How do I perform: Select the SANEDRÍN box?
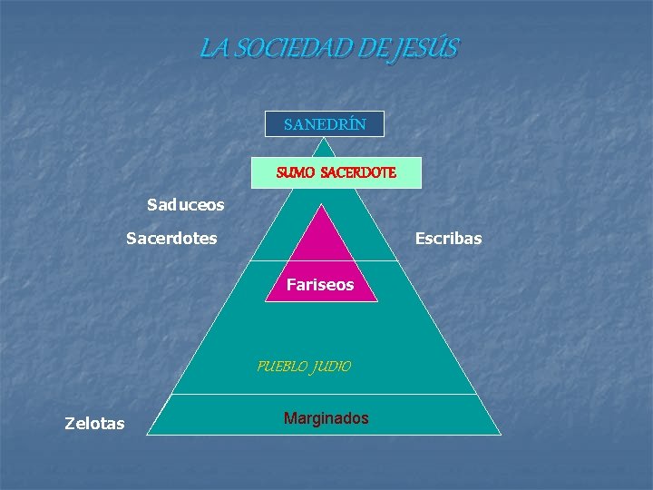(325, 123)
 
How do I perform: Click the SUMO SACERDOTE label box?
(336, 171)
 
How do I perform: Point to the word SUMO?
(296, 171)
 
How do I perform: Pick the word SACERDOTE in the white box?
(358, 171)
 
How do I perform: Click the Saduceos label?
(185, 205)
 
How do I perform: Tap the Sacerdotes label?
(171, 238)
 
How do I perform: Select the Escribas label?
(448, 238)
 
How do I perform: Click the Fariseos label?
(320, 285)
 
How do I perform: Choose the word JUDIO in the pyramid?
(332, 367)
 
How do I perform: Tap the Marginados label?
(326, 418)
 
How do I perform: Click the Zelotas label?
(95, 423)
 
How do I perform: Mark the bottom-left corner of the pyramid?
(149, 434)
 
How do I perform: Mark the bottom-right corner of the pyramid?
(500, 434)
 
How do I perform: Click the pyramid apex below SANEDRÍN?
(325, 139)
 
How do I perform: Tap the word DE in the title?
(373, 47)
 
